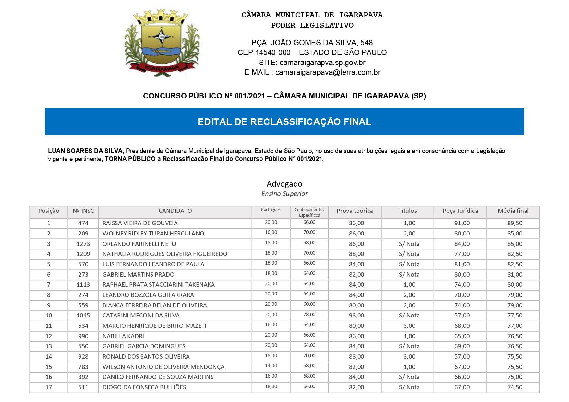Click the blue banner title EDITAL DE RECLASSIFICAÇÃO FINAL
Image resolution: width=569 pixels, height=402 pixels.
(284, 122)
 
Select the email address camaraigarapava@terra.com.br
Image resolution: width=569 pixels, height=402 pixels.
(328, 73)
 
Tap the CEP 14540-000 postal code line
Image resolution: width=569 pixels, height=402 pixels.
(312, 52)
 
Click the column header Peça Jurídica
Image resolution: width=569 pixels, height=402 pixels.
(460, 211)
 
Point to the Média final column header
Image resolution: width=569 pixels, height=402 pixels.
(513, 211)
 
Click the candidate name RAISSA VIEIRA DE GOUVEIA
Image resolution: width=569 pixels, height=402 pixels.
(140, 223)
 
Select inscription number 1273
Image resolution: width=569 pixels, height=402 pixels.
(83, 244)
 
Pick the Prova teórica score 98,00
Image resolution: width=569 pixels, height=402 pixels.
(356, 316)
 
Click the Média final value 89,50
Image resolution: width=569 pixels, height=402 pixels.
(515, 223)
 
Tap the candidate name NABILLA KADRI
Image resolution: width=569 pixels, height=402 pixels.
(123, 336)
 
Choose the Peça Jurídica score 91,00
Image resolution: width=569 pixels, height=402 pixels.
(462, 223)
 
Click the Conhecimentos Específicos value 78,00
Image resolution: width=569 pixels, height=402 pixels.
(309, 315)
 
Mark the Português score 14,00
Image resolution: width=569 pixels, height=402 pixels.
(271, 366)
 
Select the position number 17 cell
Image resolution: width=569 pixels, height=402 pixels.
(49, 387)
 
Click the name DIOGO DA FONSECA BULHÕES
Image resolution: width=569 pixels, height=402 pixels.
(144, 387)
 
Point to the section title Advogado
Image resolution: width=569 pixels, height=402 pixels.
(284, 184)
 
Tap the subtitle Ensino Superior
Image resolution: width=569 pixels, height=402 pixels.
(284, 194)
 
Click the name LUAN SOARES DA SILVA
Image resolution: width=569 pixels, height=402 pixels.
(86, 151)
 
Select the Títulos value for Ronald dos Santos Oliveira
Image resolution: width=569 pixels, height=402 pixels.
(409, 357)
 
